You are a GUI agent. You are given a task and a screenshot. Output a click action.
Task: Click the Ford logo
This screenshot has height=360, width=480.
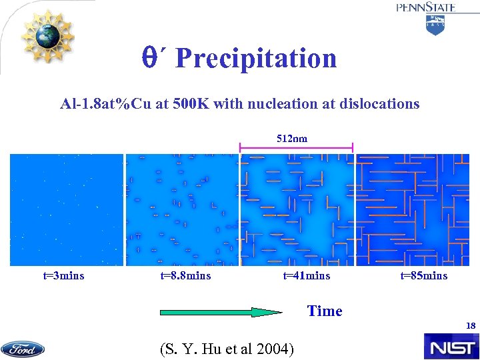coord(23,349)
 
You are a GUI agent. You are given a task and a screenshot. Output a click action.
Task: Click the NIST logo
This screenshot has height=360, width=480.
coord(451,347)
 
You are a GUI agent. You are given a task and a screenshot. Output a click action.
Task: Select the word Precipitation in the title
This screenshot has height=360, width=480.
coord(256,59)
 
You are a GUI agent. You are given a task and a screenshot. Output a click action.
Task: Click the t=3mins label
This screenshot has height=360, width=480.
coord(59,275)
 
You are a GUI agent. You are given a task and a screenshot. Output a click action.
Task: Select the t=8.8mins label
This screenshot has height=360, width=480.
coord(186,275)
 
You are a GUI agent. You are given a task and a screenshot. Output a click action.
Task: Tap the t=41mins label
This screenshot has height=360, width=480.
coord(307,275)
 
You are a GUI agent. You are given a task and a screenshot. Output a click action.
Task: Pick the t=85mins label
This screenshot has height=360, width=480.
coord(424,275)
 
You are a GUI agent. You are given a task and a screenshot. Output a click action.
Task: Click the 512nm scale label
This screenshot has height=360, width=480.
coord(292,139)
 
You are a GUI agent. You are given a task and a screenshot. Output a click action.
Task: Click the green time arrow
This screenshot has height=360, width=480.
coord(220,311)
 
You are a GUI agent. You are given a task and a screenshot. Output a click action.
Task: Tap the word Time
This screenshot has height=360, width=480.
coord(325,311)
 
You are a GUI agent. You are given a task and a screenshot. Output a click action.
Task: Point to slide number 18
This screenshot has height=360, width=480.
coord(471,326)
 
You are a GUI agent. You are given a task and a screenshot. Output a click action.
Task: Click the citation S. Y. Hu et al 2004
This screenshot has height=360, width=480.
coord(227,348)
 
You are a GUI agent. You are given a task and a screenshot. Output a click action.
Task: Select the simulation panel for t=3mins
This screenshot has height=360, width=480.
coord(67,210)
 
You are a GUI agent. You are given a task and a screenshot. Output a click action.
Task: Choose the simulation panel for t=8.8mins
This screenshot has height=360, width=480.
coord(181,210)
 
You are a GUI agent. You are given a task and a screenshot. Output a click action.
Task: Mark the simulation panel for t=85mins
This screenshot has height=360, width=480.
coord(411,210)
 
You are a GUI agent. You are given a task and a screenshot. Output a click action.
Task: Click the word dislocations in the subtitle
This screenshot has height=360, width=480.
coord(379,103)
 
